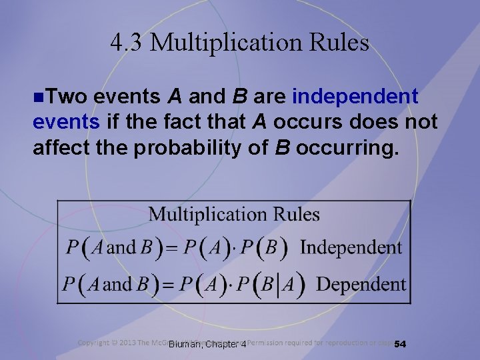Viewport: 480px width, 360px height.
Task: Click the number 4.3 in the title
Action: [125, 43]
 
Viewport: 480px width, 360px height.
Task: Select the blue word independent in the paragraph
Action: [355, 97]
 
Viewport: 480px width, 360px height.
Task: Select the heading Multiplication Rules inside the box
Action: [233, 215]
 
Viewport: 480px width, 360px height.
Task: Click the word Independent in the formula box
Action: [351, 248]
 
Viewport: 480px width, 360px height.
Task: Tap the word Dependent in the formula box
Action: [361, 285]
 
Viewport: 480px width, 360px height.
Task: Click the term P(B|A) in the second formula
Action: [271, 285]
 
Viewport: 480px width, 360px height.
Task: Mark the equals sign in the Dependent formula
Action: [169, 285]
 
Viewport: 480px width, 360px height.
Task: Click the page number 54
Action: [400, 344]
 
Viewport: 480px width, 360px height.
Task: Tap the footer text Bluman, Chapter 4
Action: [207, 344]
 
